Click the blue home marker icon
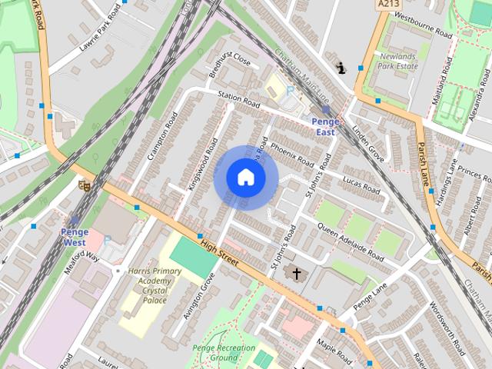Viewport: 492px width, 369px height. point(245,178)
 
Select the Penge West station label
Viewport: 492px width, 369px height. point(75,237)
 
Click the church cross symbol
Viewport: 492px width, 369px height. point(296,273)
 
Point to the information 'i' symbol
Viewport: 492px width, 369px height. point(341,68)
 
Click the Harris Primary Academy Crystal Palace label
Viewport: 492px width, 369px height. point(155,286)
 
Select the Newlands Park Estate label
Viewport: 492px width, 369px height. point(397,61)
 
